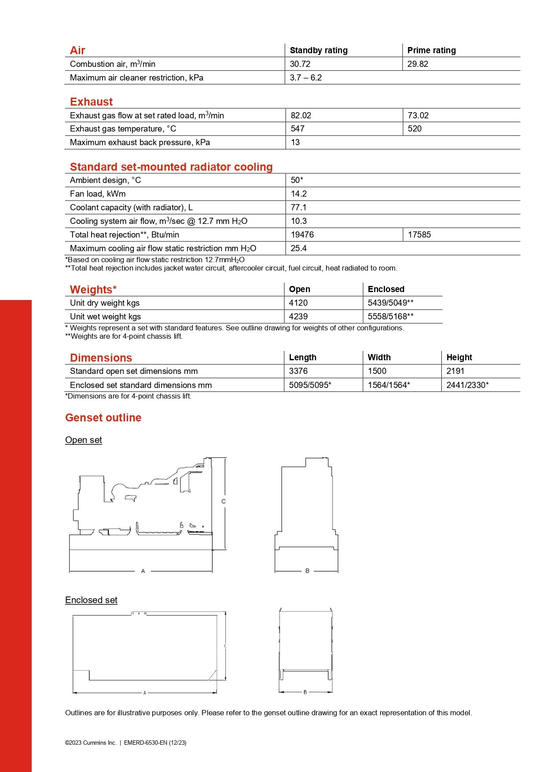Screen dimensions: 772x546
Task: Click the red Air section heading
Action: click(77, 50)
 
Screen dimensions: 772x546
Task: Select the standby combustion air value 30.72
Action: click(300, 64)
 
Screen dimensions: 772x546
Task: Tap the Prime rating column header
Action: click(431, 50)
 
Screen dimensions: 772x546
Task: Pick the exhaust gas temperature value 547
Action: click(297, 128)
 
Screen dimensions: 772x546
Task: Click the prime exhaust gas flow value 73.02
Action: click(418, 115)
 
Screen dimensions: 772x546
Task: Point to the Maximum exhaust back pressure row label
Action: click(139, 142)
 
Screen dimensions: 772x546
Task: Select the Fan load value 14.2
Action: click(299, 194)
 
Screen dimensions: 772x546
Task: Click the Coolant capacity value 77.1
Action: click(298, 207)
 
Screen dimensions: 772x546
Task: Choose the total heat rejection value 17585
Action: click(419, 234)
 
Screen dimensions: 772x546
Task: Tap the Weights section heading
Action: click(93, 289)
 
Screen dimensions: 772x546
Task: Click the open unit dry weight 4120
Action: click(298, 303)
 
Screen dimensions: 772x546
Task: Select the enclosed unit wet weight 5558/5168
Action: click(390, 316)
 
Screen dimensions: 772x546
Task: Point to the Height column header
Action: click(459, 357)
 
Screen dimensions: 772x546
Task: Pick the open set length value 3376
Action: click(298, 371)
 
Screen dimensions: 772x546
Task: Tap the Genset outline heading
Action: click(103, 417)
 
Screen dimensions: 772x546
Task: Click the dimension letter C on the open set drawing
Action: click(224, 501)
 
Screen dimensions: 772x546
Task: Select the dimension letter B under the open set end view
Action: click(307, 571)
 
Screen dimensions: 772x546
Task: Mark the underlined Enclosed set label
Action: click(91, 600)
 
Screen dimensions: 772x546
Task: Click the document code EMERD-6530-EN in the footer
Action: click(145, 743)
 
